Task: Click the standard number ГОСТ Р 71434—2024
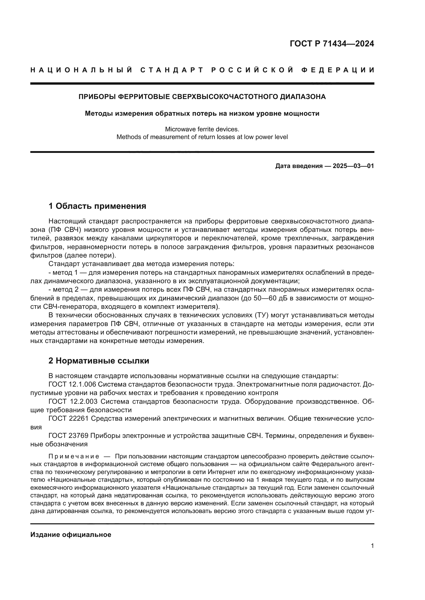click(x=331, y=44)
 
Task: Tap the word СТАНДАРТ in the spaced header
click(x=172, y=70)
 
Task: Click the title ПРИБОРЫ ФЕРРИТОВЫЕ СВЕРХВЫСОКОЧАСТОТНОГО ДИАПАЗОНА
click(x=202, y=97)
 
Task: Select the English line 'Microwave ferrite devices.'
click(x=202, y=129)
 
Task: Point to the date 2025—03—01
click(x=353, y=166)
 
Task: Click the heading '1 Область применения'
click(x=97, y=206)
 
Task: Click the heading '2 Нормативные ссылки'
click(x=99, y=361)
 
